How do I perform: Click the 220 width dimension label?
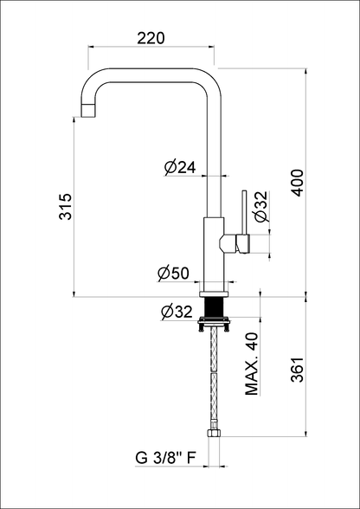151,38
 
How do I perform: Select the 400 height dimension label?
298,183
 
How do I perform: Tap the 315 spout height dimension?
66,207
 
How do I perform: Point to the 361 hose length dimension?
298,370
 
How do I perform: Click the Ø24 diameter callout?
180,168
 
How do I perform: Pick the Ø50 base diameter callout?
173,274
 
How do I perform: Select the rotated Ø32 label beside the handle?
261,206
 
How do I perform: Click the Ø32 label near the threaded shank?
177,312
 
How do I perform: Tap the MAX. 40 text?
252,364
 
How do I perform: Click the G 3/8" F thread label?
165,458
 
